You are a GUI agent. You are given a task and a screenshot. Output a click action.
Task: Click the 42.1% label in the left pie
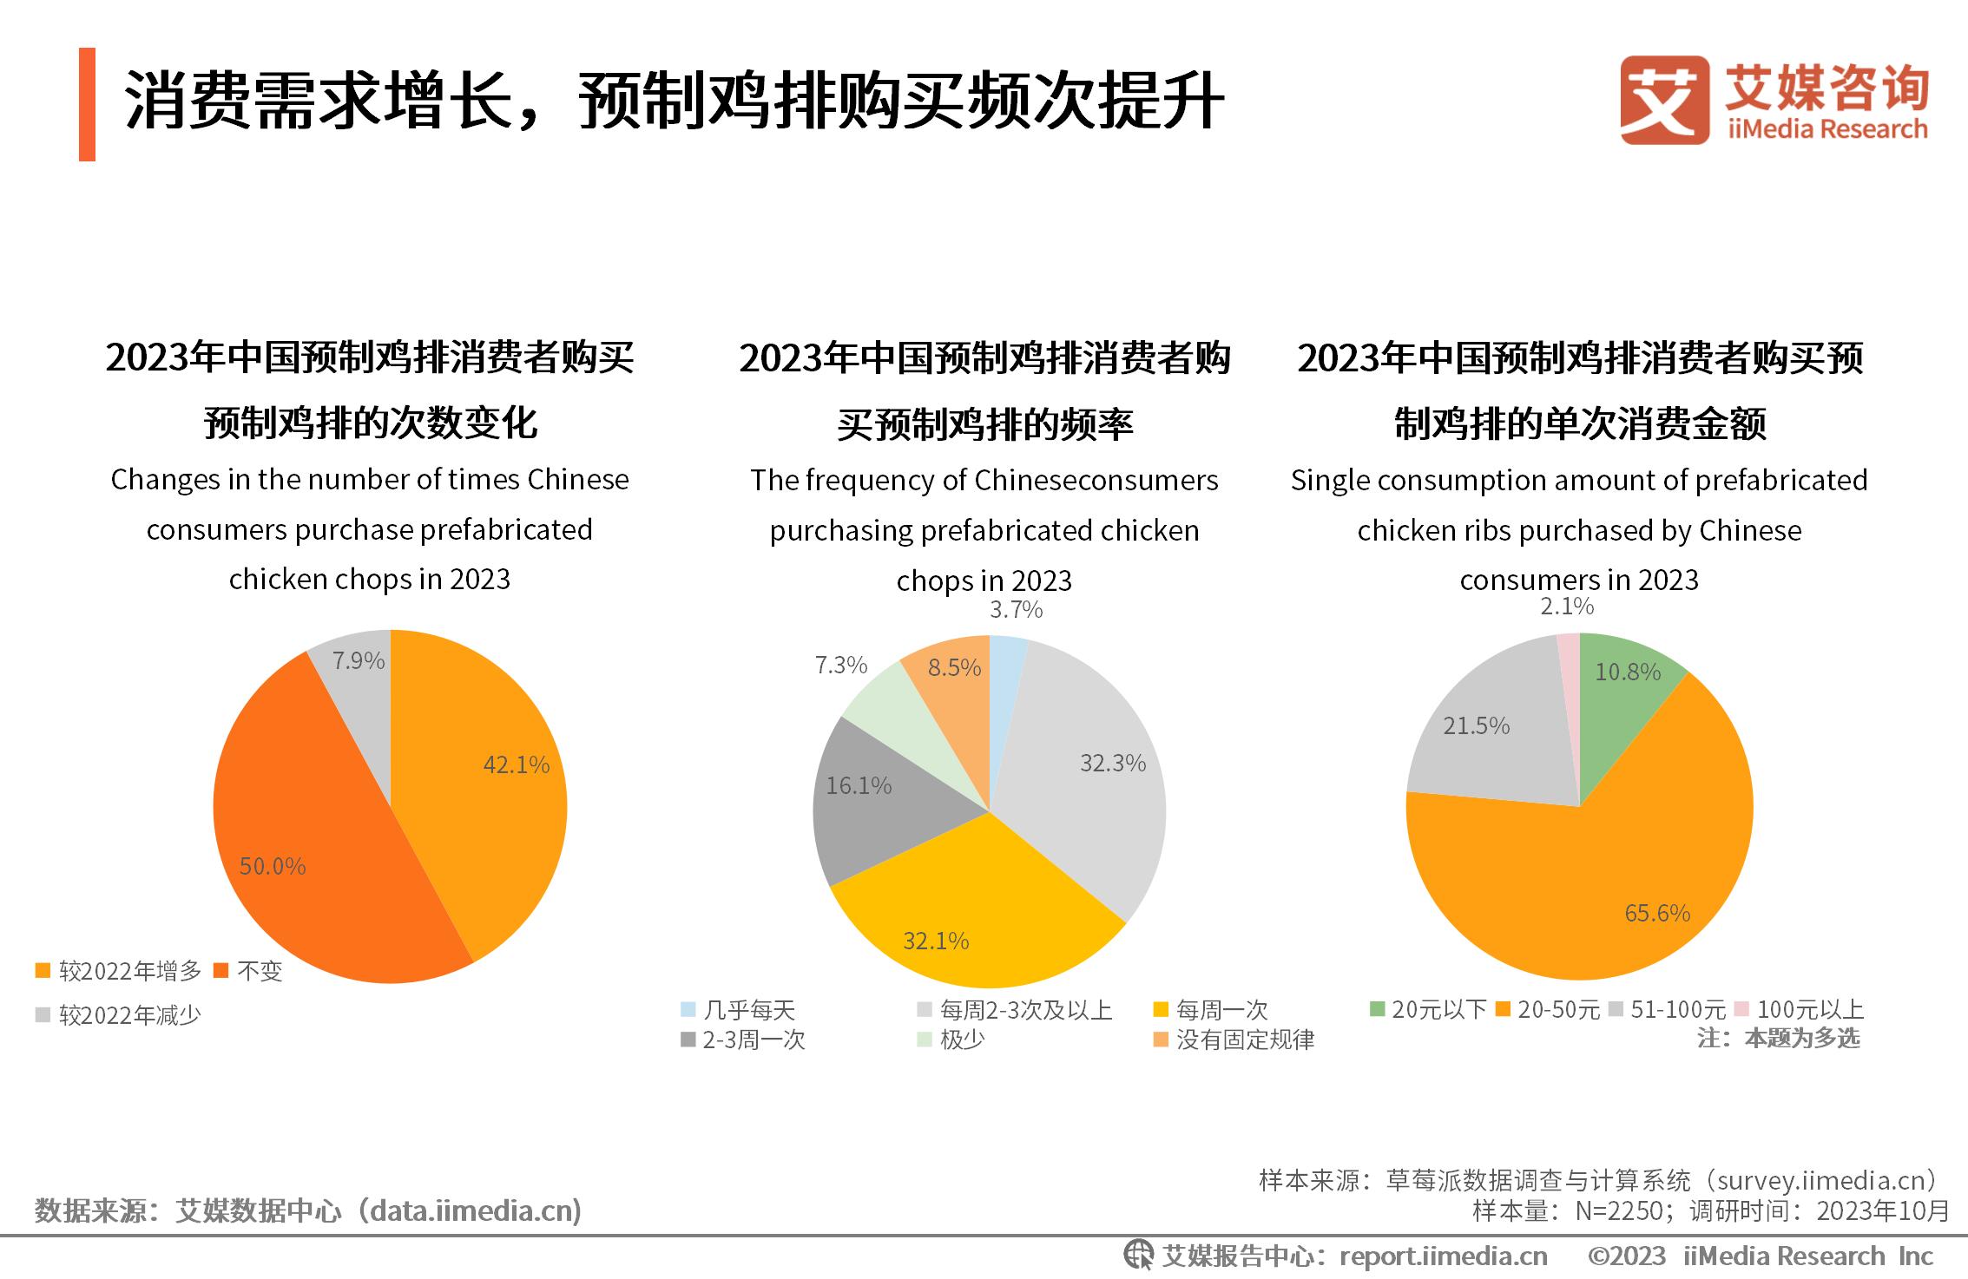(x=516, y=764)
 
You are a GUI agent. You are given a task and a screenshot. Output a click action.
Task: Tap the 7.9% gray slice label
(x=359, y=661)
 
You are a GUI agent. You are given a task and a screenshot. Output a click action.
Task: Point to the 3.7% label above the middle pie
(x=1016, y=610)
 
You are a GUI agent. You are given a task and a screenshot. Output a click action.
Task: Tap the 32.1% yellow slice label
(x=936, y=941)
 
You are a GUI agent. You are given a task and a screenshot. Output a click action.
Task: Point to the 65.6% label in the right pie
(x=1656, y=913)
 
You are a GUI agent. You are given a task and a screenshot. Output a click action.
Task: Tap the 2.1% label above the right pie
(x=1566, y=607)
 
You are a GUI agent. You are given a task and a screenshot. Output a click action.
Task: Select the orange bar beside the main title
(x=87, y=104)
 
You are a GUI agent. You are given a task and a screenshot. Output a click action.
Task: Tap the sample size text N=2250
(x=1617, y=1210)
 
